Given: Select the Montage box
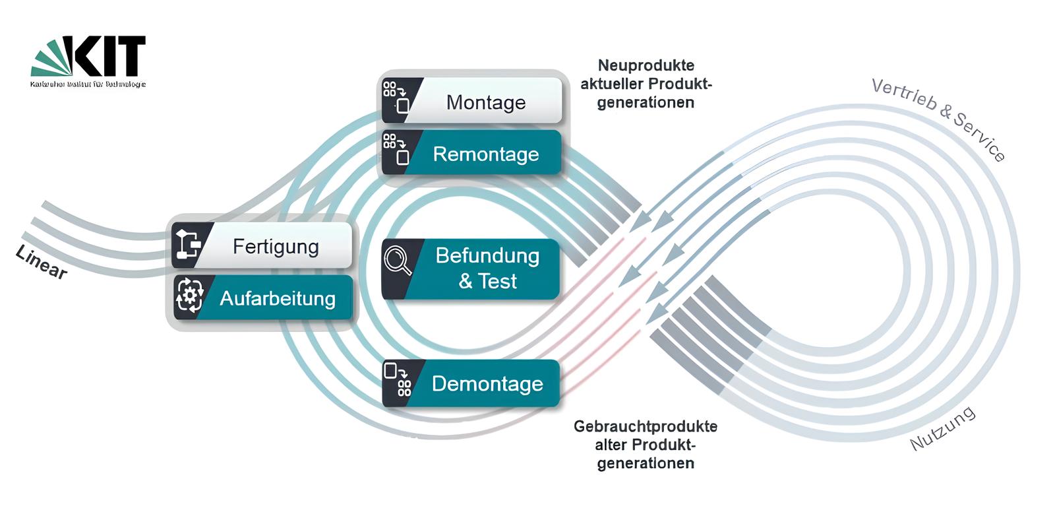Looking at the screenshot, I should pos(485,102).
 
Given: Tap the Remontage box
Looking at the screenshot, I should pos(485,154).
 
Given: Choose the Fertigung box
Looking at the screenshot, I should pos(276,247).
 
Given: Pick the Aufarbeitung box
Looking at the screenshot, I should pos(277,299).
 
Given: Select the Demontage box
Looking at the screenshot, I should pos(487,384).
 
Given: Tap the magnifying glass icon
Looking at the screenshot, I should pos(398,260).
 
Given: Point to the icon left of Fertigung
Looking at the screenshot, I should pos(187,243).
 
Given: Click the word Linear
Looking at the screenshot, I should pos(41,263).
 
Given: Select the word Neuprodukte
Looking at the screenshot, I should pos(646,65).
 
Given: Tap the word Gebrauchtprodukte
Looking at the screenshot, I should pos(645,426).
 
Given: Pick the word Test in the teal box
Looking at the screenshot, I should pos(497,282).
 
